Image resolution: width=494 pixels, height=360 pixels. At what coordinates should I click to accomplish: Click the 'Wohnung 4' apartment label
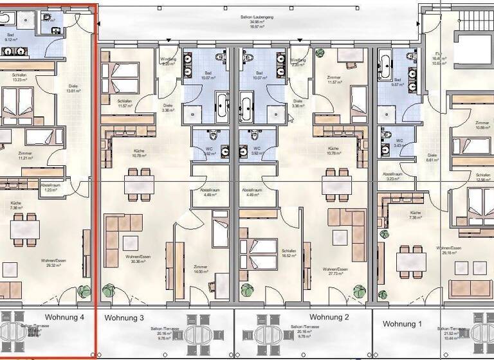pos(64,317)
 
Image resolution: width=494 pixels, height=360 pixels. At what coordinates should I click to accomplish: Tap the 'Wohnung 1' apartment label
pos(403,324)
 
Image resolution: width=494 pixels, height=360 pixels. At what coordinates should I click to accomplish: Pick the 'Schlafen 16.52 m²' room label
pos(288,253)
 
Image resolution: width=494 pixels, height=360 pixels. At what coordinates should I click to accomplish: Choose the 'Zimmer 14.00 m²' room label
pos(201,269)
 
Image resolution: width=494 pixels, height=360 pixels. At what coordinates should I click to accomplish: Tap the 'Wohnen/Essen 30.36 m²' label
pos(137,259)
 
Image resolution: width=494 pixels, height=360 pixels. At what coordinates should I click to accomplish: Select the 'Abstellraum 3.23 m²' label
pos(392,176)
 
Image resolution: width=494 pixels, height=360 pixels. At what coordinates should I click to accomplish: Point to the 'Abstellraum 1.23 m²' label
pos(49,187)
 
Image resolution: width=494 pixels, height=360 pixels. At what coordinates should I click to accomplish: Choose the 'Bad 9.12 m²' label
pos(11,38)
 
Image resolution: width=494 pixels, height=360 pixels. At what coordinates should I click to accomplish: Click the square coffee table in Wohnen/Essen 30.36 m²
pos(131,243)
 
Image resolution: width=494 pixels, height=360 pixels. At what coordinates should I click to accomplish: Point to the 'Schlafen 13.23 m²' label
pos(19,78)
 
